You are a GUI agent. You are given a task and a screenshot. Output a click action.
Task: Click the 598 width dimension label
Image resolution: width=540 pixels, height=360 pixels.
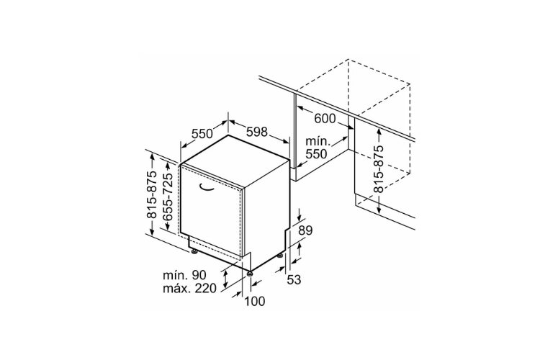tap(257, 131)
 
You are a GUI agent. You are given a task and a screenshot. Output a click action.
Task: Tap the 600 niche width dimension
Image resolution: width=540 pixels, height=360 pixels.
tap(325, 119)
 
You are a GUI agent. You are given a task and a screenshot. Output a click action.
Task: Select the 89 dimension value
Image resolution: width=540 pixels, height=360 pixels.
tap(305, 230)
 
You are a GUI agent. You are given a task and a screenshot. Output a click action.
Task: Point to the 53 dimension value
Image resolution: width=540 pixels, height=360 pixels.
tap(294, 280)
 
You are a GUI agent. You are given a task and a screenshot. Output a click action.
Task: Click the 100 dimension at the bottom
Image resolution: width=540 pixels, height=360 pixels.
tap(255, 302)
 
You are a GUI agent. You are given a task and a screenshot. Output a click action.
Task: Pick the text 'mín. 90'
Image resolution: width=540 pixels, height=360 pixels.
tap(184, 275)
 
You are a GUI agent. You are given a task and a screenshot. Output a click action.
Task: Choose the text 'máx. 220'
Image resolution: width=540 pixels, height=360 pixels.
tap(190, 288)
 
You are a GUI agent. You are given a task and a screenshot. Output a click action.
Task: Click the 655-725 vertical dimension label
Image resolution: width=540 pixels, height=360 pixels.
tap(168, 197)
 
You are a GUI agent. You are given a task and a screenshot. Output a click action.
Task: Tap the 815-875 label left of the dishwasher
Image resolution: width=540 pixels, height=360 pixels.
tap(152, 194)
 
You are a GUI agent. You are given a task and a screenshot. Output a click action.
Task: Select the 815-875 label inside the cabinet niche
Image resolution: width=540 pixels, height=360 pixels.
tap(378, 168)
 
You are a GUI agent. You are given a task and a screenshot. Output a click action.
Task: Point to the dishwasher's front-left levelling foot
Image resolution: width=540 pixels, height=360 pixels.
tap(194, 252)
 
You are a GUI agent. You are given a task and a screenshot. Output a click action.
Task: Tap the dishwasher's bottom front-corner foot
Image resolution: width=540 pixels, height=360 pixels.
tap(248, 274)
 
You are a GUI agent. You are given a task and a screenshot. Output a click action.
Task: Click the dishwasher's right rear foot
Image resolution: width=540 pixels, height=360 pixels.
tap(282, 256)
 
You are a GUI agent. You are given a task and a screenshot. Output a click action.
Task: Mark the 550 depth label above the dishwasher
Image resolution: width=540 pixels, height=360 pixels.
tap(202, 133)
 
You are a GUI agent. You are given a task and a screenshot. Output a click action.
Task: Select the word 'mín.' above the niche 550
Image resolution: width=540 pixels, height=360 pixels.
tap(318, 141)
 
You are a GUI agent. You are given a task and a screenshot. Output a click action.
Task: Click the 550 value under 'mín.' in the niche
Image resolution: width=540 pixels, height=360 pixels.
tap(317, 153)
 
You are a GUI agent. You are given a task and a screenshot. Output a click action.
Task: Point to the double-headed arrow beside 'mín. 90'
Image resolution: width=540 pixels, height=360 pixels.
tap(225, 279)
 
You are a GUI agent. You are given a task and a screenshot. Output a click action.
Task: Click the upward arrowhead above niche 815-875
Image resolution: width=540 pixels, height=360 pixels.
tap(379, 131)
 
